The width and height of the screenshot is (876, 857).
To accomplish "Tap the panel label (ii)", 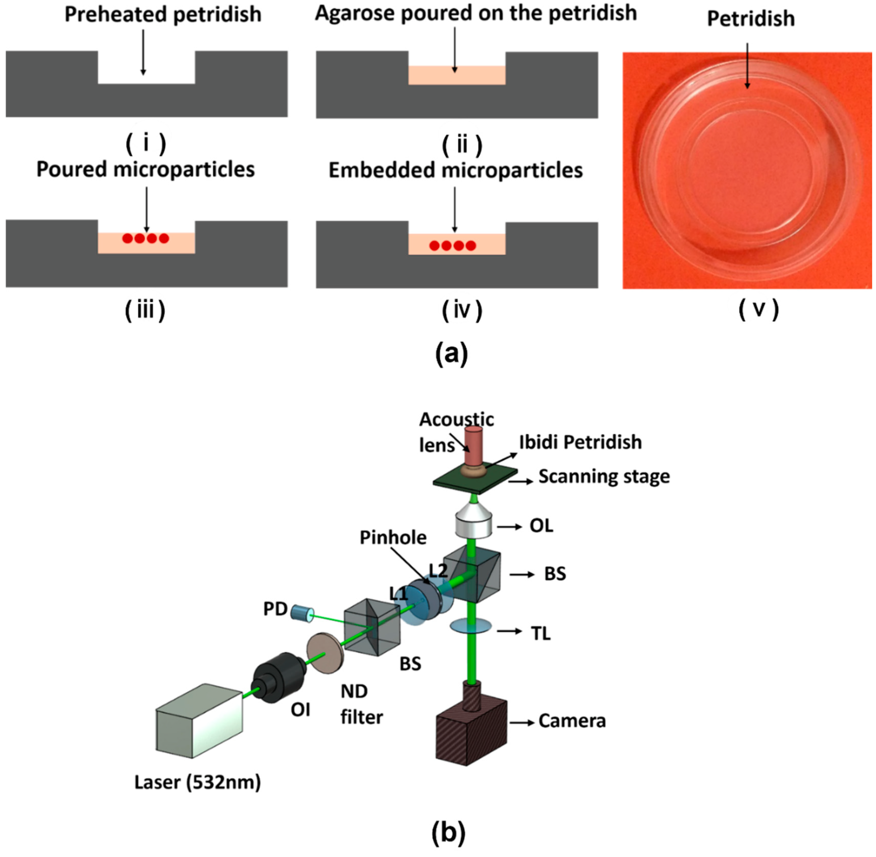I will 462,145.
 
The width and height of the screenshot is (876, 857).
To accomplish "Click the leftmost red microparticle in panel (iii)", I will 128,238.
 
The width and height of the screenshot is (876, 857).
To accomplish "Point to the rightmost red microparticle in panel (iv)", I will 470,246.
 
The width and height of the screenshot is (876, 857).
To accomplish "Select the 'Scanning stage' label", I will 604,476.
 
